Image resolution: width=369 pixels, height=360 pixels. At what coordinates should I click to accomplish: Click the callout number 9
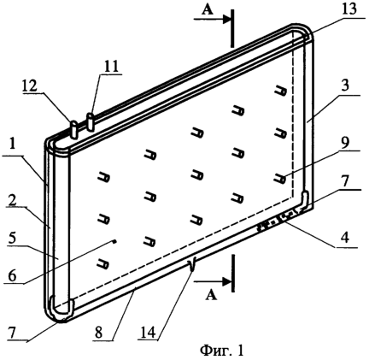point(345,144)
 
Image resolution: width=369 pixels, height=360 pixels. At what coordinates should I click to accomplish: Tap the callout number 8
point(99,333)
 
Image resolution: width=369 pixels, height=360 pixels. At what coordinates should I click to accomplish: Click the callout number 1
point(12,149)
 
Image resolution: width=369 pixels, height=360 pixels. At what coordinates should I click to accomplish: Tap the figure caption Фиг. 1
point(222,351)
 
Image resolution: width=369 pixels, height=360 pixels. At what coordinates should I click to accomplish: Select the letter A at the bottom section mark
point(211,296)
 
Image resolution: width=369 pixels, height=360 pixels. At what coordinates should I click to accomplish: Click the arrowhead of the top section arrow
point(226,19)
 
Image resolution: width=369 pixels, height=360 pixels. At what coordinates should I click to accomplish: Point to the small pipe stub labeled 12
point(73,130)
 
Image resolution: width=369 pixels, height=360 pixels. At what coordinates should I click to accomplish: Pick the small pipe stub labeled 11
point(91,122)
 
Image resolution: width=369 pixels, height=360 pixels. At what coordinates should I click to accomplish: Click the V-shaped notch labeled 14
point(192,264)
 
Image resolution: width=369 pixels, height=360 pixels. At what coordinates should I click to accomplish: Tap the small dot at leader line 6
point(114,242)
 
